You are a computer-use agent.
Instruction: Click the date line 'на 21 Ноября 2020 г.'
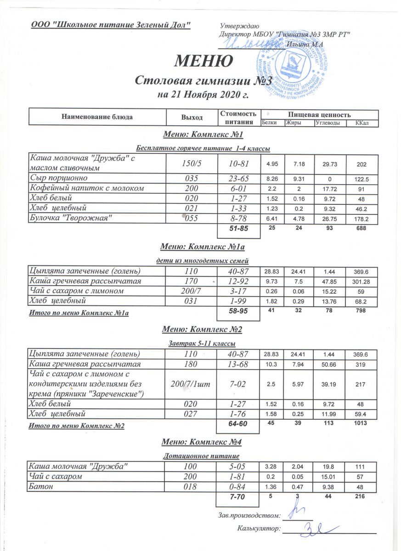203,96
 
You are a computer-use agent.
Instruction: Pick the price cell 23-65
237,177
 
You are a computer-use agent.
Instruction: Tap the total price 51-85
237,229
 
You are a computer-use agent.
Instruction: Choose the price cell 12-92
237,281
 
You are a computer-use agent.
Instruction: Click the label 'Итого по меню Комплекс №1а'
79,313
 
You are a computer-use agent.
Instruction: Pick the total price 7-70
237,497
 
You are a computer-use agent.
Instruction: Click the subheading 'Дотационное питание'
202,456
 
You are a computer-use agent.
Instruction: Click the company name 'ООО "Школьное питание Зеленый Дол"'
111,24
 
